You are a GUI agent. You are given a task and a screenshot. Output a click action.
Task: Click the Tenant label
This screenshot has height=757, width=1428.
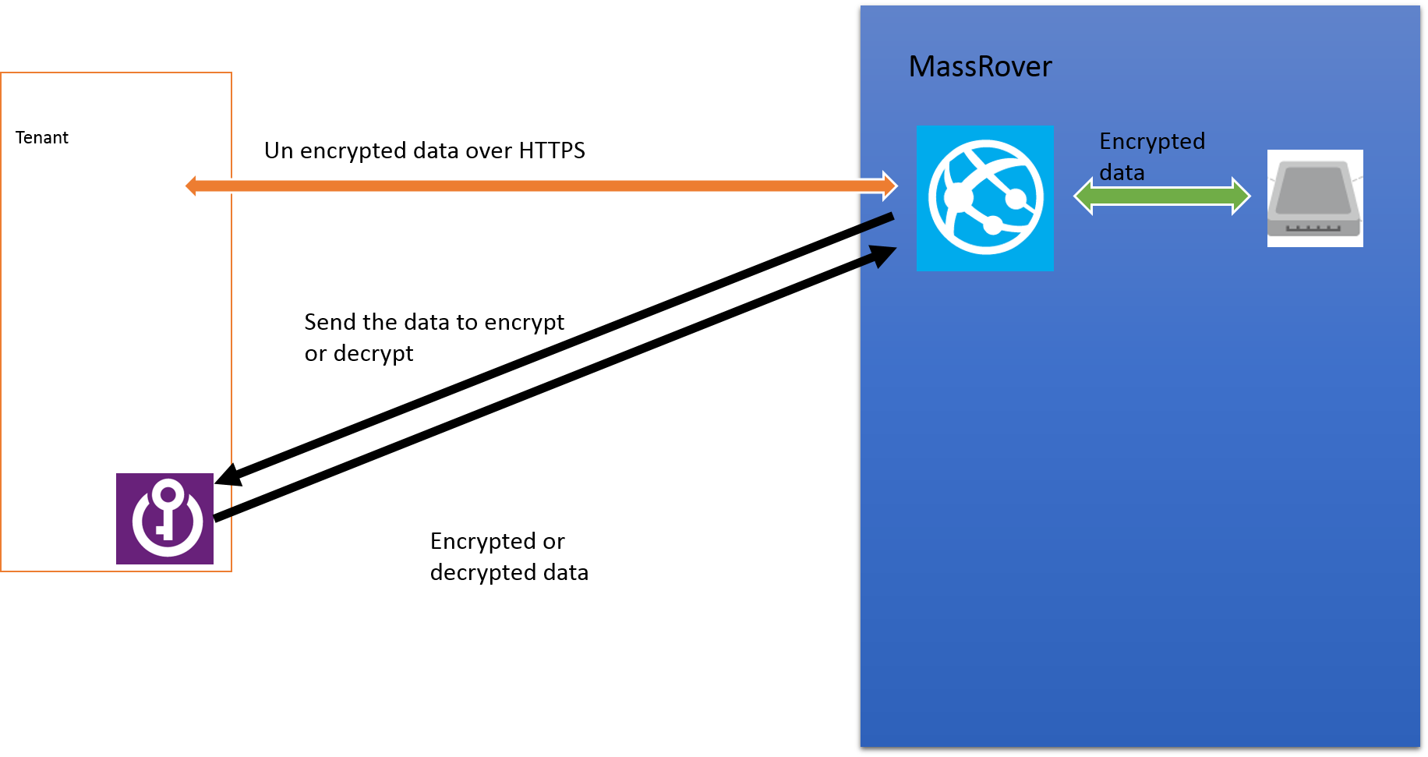tap(42, 138)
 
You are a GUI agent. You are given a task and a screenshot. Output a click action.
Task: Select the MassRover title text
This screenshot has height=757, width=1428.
tap(980, 67)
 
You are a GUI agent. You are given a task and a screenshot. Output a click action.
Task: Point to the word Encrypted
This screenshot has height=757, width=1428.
tap(1152, 141)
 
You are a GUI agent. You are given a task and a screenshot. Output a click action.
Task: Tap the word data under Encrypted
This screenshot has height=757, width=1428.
tap(1122, 172)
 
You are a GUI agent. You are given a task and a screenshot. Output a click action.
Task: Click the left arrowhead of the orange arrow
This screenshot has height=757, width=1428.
tap(191, 186)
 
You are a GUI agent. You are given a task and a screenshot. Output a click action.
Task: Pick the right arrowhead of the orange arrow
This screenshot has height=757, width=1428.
tap(890, 186)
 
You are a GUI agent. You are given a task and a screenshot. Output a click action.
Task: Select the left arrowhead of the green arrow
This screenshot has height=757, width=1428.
tap(1083, 196)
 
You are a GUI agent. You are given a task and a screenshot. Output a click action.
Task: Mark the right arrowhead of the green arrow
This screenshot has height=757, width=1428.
tap(1242, 196)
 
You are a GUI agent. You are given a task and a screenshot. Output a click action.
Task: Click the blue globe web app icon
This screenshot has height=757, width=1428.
tap(984, 198)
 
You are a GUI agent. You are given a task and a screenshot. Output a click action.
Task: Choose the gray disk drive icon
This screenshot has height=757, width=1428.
tap(1315, 198)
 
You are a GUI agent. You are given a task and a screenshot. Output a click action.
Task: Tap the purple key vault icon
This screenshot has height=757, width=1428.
tap(164, 518)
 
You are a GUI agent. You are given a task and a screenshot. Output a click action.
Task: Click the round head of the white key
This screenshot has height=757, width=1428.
tap(168, 493)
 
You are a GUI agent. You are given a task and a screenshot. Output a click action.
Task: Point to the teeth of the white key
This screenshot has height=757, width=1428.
tap(161, 531)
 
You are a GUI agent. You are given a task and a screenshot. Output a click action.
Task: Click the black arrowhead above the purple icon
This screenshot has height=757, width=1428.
tap(224, 475)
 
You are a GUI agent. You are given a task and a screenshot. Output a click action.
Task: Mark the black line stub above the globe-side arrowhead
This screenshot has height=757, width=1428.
tap(877, 222)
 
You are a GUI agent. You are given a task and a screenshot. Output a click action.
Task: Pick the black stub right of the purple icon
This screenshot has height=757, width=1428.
tap(223, 515)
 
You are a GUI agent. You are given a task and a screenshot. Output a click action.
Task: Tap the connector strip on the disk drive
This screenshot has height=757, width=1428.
tap(1313, 228)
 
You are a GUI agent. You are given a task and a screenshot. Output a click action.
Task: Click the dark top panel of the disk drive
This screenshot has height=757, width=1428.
tap(1314, 187)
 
